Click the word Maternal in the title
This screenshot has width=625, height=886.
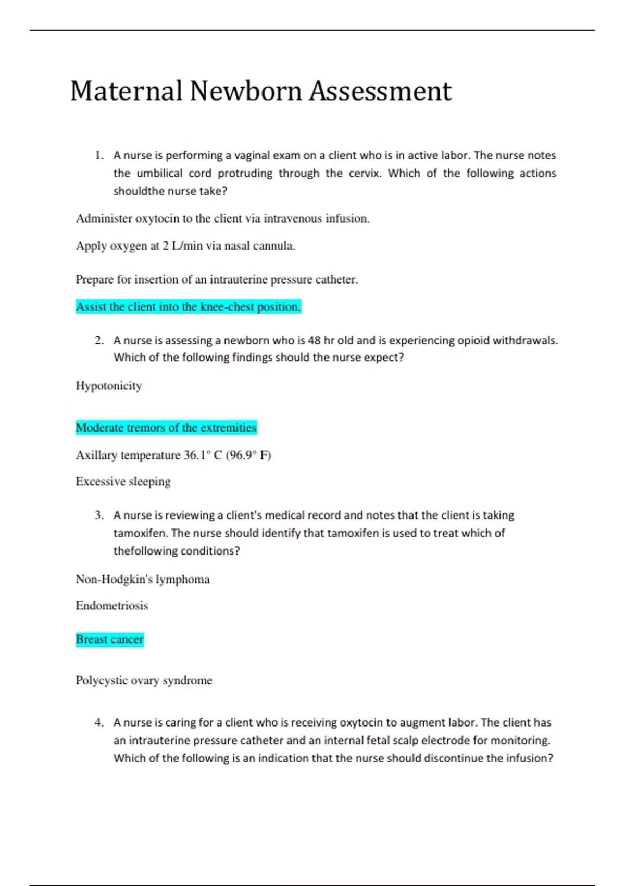point(126,91)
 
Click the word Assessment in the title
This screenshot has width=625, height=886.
point(380,91)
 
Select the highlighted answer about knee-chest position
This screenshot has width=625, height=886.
point(188,307)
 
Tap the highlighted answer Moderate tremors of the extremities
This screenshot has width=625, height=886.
point(166,428)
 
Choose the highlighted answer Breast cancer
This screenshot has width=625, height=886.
point(109,639)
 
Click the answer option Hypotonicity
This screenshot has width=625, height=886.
point(109,386)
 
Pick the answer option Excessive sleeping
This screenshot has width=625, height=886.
point(123,482)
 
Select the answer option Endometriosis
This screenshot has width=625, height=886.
point(112,606)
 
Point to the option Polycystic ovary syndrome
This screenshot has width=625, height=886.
point(144,681)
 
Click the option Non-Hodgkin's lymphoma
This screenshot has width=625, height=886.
point(143,580)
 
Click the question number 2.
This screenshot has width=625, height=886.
point(99,341)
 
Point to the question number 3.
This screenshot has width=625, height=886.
point(99,515)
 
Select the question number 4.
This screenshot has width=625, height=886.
point(99,723)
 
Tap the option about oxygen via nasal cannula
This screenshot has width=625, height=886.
point(185,246)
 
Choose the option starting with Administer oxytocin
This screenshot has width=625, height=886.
point(222,219)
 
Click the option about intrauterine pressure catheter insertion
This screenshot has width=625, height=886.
point(217,280)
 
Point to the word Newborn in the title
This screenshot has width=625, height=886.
point(246,91)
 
